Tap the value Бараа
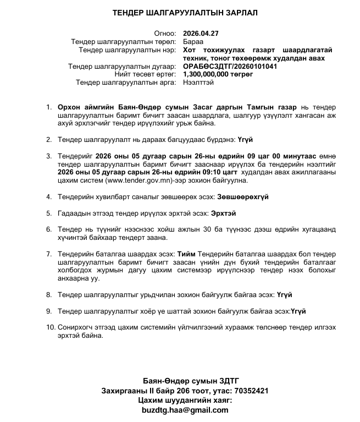(x=192, y=41)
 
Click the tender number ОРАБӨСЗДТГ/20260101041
(x=230, y=66)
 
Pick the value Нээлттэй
(x=198, y=83)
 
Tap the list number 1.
(x=49, y=107)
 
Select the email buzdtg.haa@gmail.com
(x=184, y=410)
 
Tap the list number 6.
(x=49, y=229)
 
